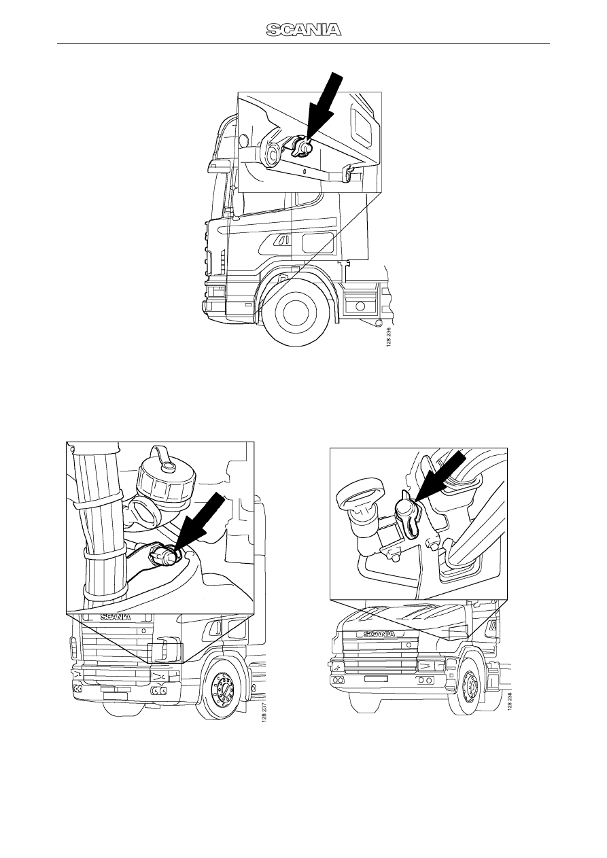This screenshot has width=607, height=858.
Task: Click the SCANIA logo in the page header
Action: pyautogui.click(x=304, y=30)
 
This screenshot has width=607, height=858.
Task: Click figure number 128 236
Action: pyautogui.click(x=389, y=337)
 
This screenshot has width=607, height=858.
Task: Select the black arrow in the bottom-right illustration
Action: pyautogui.click(x=440, y=476)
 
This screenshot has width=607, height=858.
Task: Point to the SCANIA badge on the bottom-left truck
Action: pyautogui.click(x=116, y=617)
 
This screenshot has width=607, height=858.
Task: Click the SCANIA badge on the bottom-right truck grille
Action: pyautogui.click(x=379, y=634)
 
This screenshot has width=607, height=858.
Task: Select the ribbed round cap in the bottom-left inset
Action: pyautogui.click(x=167, y=480)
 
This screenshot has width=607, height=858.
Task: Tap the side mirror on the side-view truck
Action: pyautogui.click(x=217, y=167)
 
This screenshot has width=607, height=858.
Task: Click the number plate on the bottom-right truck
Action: pyautogui.click(x=375, y=679)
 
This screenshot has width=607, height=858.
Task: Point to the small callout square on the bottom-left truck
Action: pyautogui.click(x=166, y=653)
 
